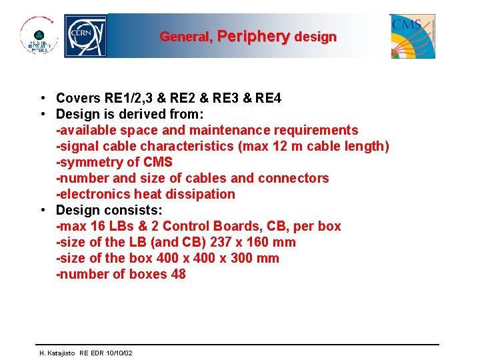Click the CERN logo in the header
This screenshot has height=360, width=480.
coord(85,36)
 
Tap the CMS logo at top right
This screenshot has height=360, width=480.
coord(413,36)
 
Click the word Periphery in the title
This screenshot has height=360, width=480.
coord(253,37)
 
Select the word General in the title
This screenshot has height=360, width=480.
coord(185,37)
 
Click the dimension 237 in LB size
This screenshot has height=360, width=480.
coord(221,243)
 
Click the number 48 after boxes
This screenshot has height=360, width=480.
coord(178,275)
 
